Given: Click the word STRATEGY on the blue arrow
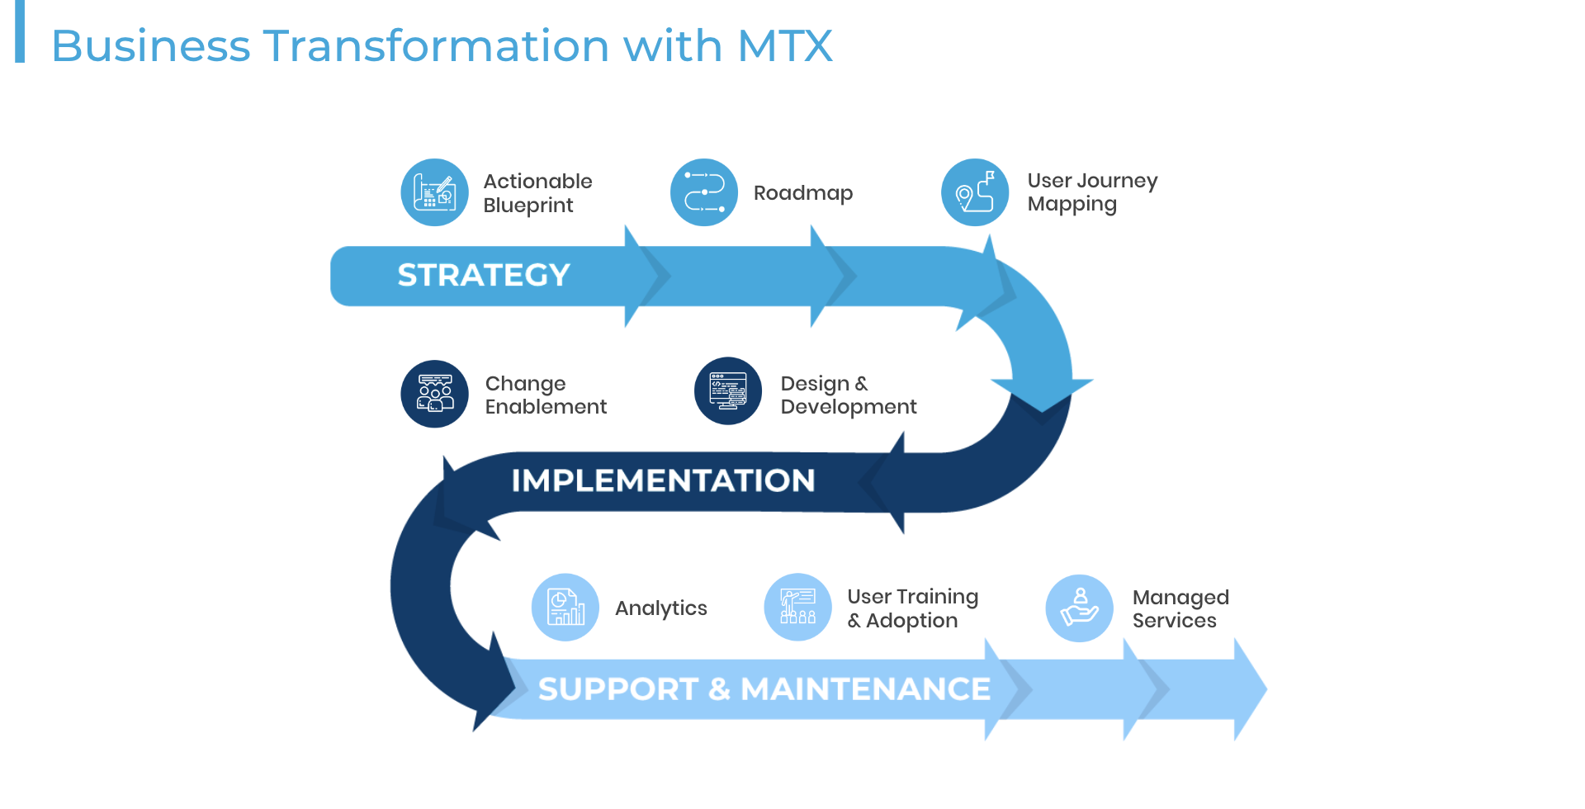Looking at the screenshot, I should click(484, 275).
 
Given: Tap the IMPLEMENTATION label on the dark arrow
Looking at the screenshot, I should click(663, 480).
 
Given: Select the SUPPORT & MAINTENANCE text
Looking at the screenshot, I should click(764, 688).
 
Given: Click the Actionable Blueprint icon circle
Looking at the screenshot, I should click(434, 192).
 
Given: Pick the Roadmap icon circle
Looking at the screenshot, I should click(704, 192).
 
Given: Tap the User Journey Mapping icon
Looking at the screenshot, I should click(975, 192).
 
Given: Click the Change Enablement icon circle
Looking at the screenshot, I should click(434, 394).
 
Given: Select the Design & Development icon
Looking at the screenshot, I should click(728, 391).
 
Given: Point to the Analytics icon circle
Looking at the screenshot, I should click(565, 608).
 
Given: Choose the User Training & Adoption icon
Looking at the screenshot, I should click(797, 608).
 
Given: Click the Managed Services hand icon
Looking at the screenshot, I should click(1079, 608).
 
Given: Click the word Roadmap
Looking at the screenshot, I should click(802, 193).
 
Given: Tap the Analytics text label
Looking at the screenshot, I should click(660, 608).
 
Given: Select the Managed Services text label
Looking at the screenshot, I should click(1180, 608).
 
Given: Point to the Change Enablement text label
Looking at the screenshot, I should click(545, 395).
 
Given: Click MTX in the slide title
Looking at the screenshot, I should click(784, 45).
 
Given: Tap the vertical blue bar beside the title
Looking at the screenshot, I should click(20, 31).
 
